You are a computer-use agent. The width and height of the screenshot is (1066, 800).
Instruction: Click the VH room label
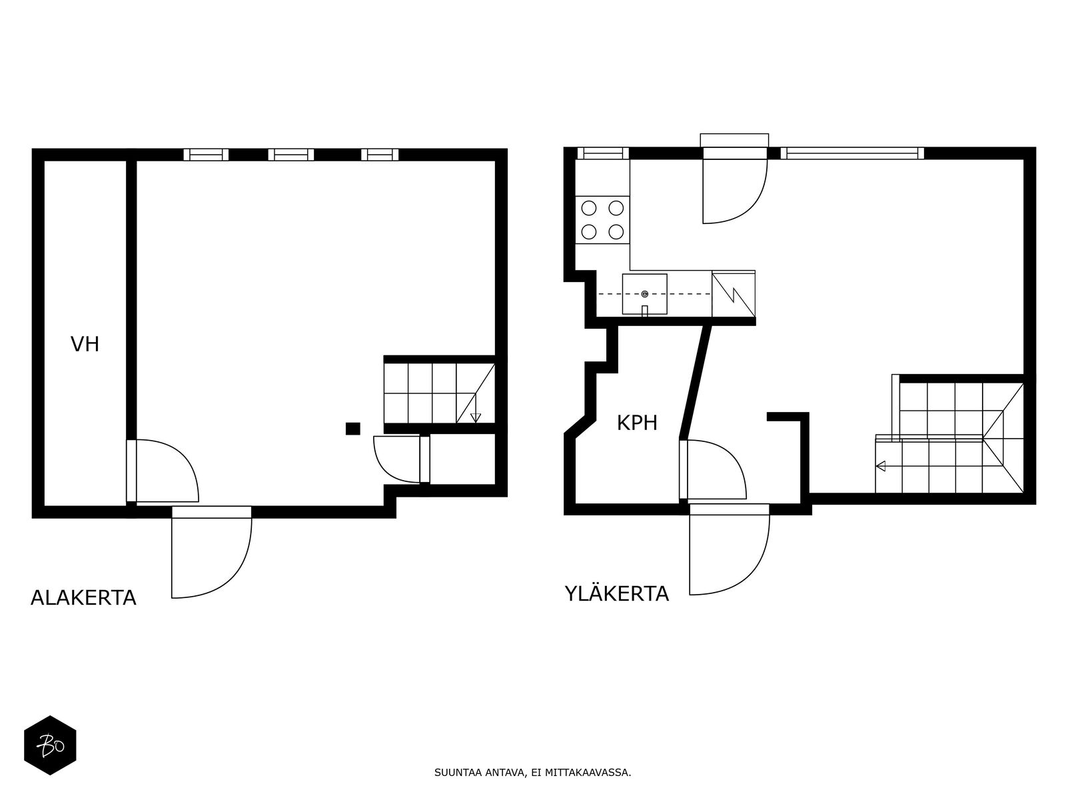85,345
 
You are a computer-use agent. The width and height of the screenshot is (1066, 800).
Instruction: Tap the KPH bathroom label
637,423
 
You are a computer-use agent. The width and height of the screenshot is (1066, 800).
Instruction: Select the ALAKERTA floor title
83,598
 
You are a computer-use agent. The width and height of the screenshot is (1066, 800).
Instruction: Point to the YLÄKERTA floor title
617,593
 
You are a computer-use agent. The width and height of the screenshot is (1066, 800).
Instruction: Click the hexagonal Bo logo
50,745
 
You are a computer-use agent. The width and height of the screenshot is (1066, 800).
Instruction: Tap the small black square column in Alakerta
353,429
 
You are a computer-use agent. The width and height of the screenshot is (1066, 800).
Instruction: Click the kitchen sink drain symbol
644,294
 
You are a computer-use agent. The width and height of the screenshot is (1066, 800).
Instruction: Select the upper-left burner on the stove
588,209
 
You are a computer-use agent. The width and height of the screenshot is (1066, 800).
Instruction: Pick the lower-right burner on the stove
616,232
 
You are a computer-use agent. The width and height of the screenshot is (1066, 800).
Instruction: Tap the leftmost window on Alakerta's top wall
206,155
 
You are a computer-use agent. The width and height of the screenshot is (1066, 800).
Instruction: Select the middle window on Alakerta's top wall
291,155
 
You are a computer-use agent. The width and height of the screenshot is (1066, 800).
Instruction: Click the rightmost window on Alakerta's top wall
380,155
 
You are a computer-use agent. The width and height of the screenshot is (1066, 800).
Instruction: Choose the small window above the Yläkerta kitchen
603,153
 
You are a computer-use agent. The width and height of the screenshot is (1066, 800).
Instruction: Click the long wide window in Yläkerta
852,153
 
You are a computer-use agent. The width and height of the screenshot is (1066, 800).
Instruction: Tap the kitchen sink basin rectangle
644,294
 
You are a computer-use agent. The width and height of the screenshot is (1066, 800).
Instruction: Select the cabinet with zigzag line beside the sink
734,294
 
